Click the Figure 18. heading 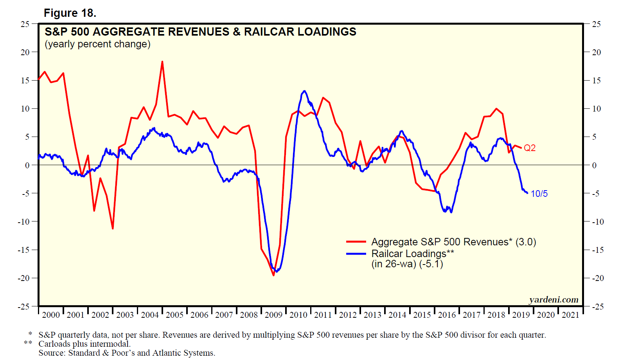(70, 13)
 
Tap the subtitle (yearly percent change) (97, 44)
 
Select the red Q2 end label (530, 148)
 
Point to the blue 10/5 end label (539, 194)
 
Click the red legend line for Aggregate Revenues (356, 242)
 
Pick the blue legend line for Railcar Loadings (356, 254)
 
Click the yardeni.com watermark (554, 300)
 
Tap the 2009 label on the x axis (273, 315)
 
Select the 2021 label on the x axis (570, 315)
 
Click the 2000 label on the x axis (51, 315)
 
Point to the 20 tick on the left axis (25, 52)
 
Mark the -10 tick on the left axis (23, 221)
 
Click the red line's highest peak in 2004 (162, 62)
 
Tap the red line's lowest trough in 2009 (273, 275)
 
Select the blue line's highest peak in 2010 (304, 91)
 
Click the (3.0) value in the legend (525, 242)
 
